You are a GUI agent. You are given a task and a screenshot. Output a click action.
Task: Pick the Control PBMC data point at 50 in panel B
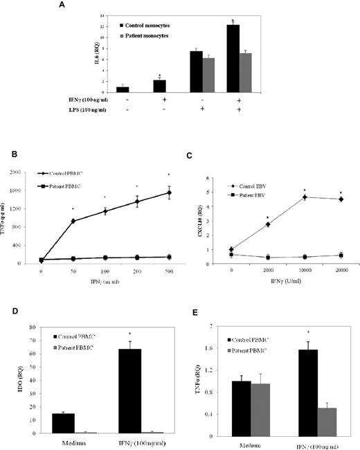(x=73, y=221)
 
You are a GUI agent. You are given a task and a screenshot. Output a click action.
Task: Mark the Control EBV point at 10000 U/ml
(x=304, y=197)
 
